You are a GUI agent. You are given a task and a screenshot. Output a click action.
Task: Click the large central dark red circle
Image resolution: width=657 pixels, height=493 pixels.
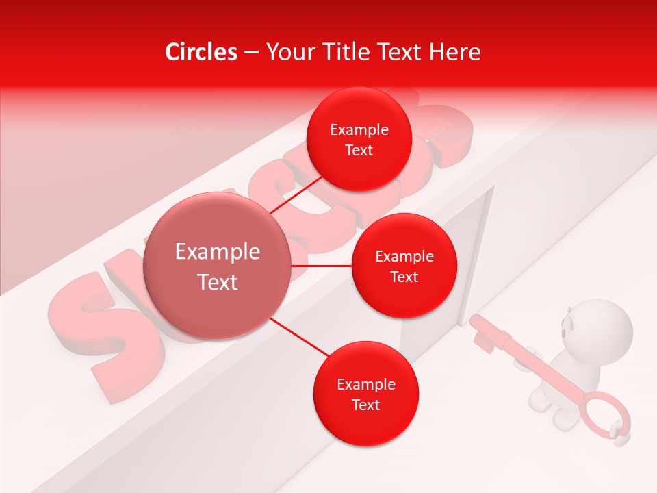(218, 266)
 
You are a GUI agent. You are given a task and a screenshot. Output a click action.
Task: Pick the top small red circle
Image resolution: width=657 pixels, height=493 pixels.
(359, 139)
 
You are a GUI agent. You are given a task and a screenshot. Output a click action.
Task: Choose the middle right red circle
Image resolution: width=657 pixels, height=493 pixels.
(404, 266)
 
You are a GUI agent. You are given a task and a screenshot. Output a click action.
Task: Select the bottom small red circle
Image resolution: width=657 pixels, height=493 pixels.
(365, 394)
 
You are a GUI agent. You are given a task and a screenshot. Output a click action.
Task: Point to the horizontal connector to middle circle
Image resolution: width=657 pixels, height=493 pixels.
(322, 266)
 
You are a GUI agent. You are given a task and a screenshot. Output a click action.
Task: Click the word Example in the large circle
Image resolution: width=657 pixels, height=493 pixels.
(218, 252)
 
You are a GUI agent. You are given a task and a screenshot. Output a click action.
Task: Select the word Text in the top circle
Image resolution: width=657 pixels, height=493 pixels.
(359, 150)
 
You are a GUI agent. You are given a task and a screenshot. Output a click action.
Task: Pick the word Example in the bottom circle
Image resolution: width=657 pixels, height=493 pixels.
(365, 384)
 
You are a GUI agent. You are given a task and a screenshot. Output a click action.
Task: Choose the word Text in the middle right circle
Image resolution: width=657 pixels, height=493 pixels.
(404, 277)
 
